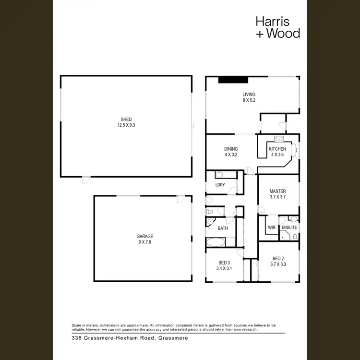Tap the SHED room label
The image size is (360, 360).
tap(126, 119)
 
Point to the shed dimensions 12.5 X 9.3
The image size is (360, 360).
tap(126, 125)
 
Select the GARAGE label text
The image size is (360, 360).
tap(144, 236)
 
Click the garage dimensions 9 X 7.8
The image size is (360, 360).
tap(144, 242)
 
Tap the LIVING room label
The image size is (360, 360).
tap(249, 95)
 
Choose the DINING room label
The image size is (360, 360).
tap(231, 149)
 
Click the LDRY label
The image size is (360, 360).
tap(220, 185)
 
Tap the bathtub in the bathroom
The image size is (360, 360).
tap(220, 242)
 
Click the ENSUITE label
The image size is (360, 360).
tap(289, 227)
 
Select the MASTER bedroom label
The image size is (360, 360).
tap(277, 191)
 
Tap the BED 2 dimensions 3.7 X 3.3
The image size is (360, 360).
tap(278, 264)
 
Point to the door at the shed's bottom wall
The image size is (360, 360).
tap(85, 180)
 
